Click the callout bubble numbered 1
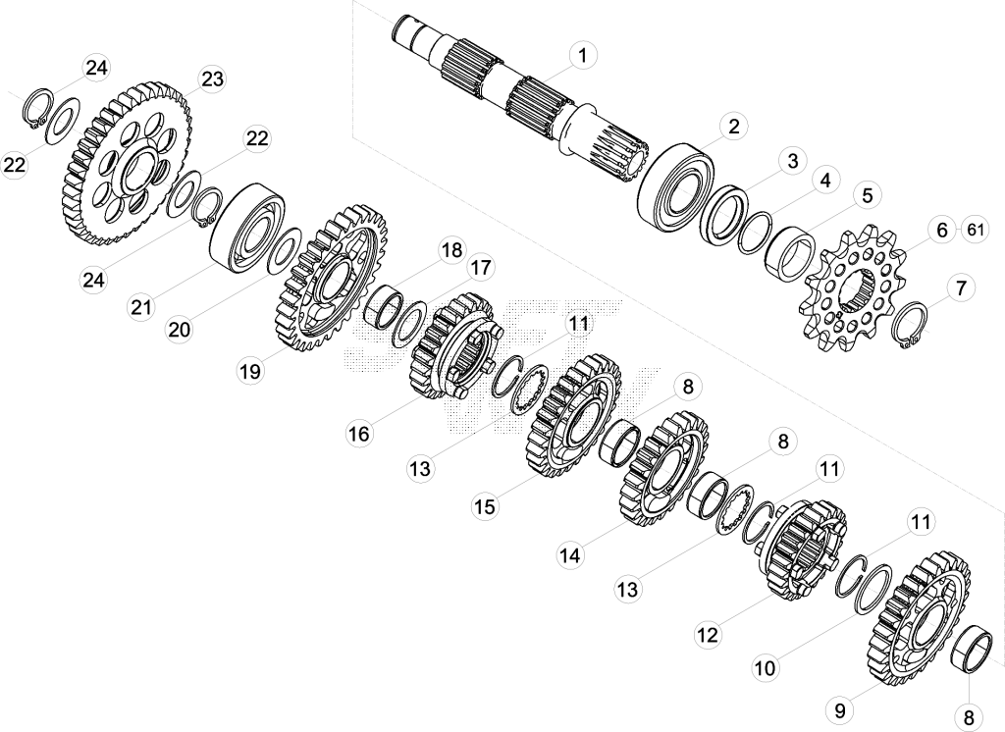tap(582, 56)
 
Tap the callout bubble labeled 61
tap(975, 229)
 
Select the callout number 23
tap(212, 78)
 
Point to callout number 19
tap(250, 371)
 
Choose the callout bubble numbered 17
tap(480, 268)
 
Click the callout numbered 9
tap(840, 710)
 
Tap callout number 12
tap(708, 635)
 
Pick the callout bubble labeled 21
tap(141, 308)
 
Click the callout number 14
tap(570, 554)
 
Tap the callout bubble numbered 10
tap(766, 668)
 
